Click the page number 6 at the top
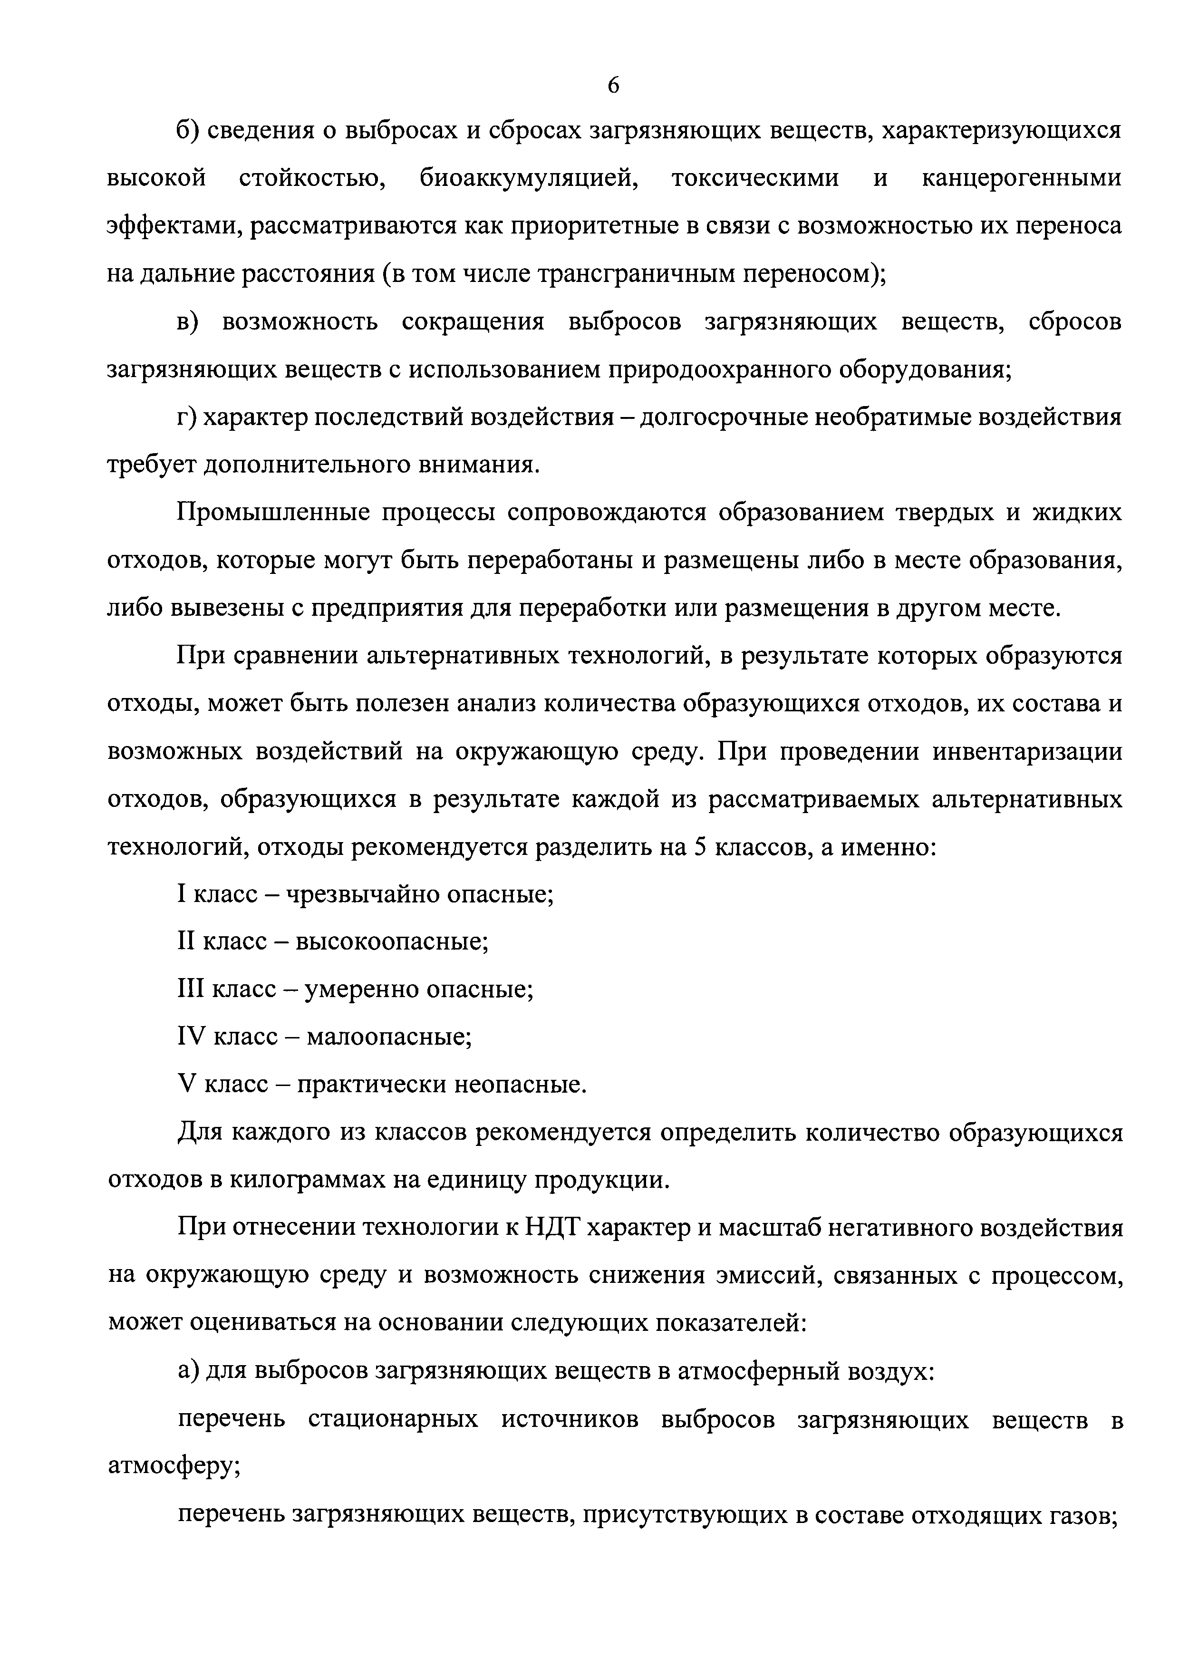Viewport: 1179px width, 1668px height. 613,86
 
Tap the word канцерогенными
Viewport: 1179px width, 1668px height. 1021,178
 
